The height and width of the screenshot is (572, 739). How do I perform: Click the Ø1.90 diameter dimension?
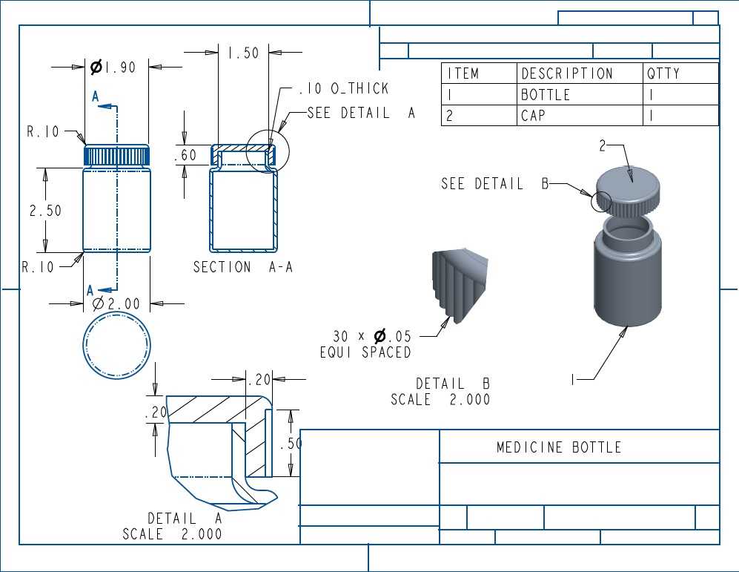tap(113, 68)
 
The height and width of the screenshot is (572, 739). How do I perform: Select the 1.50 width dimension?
tap(243, 53)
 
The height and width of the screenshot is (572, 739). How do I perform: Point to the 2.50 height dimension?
tap(45, 210)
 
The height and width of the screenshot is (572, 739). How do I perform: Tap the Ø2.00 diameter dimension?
tap(116, 303)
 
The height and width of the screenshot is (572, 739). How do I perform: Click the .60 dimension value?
tap(185, 154)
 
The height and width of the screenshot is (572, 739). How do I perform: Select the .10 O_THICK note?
tap(344, 88)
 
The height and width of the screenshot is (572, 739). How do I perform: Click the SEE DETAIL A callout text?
tap(361, 113)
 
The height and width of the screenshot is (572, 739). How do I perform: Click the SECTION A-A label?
tap(243, 267)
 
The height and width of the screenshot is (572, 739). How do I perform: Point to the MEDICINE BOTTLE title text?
tap(559, 447)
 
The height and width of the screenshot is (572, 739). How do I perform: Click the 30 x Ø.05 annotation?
tap(372, 336)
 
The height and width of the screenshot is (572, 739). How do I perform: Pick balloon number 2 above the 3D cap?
tap(603, 145)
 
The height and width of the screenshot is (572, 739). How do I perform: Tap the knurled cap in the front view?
tap(117, 155)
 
